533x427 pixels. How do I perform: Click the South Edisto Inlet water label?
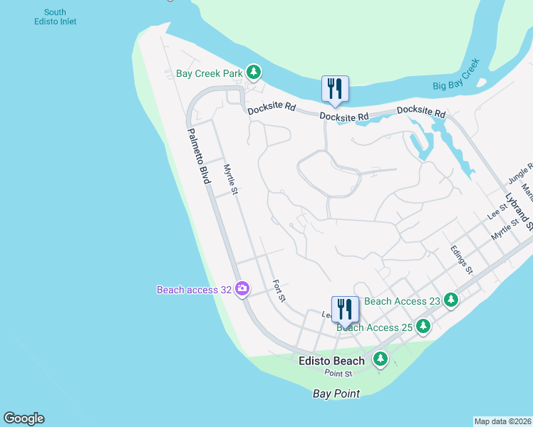(55, 17)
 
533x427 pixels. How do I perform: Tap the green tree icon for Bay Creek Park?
(253, 72)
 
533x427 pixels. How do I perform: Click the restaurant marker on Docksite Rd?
(335, 89)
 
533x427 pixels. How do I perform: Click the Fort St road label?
(279, 290)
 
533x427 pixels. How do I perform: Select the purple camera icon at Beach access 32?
(242, 288)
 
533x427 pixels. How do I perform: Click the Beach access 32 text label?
(195, 289)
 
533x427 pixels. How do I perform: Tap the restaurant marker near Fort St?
(345, 310)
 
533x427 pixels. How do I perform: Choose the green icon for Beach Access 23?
(450, 300)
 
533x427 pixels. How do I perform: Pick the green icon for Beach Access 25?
(423, 326)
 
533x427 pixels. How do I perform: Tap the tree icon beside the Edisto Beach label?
(381, 359)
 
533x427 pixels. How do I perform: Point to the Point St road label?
(338, 374)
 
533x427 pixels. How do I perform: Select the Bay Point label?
(336, 394)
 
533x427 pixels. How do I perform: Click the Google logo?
(24, 418)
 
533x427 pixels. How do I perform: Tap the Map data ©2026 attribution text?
(502, 421)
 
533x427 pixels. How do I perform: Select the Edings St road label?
(461, 260)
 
